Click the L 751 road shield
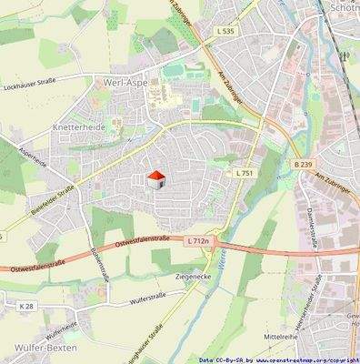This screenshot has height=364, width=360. click(x=244, y=172)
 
